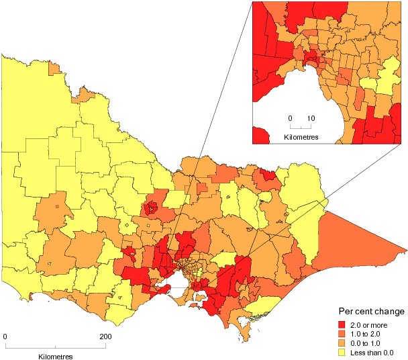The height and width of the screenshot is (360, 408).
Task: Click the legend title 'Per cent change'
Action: [370, 312]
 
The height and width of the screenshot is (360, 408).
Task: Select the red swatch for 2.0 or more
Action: [342, 324]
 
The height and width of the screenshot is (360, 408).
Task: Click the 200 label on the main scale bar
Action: [105, 336]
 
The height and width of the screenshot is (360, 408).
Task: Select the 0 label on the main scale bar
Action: [5, 336]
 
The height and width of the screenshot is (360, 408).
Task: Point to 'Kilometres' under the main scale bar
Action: [56, 355]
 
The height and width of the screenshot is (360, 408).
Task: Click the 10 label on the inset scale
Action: [311, 118]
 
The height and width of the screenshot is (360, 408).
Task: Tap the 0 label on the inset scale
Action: [291, 118]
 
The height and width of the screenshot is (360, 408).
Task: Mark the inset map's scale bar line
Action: [301, 128]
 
